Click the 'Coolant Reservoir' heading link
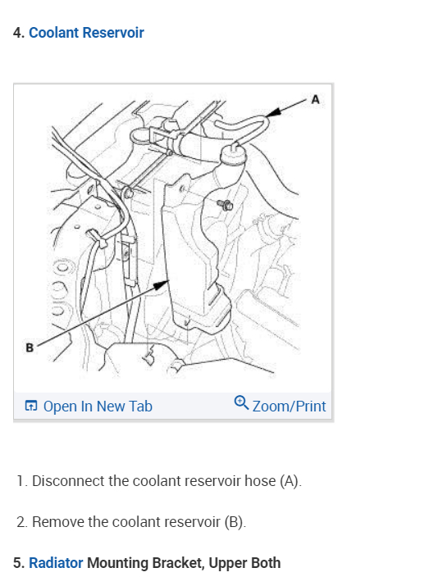(x=86, y=33)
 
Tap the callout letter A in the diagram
(x=315, y=100)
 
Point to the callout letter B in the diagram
(x=30, y=348)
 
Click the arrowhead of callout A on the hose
(x=273, y=111)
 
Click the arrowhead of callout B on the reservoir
(x=162, y=285)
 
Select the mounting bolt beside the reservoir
(x=225, y=205)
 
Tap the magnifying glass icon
(x=241, y=403)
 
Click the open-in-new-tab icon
(x=31, y=406)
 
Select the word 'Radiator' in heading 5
(x=56, y=563)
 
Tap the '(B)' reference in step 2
(x=235, y=522)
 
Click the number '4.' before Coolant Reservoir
(x=19, y=33)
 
